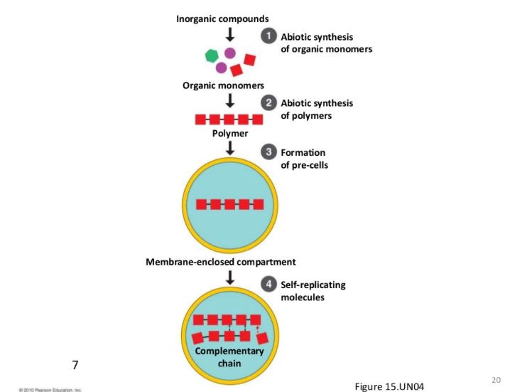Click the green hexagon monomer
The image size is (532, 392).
pyautogui.click(x=212, y=55)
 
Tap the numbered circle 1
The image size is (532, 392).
pyautogui.click(x=268, y=36)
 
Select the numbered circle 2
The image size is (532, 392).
pyautogui.click(x=268, y=102)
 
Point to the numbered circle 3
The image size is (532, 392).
pyautogui.click(x=268, y=152)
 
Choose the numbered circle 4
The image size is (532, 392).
pyautogui.click(x=268, y=284)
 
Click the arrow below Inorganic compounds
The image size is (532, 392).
pyautogui.click(x=230, y=34)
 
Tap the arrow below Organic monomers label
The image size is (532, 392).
pyautogui.click(x=230, y=100)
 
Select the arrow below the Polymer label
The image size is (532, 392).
pyautogui.click(x=230, y=148)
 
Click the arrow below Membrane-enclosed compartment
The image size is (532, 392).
pyautogui.click(x=230, y=277)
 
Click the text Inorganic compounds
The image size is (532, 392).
pyautogui.click(x=222, y=18)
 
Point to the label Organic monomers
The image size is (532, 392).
pyautogui.click(x=223, y=85)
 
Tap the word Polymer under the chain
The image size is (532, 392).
pyautogui.click(x=230, y=133)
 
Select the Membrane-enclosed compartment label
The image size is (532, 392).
pyautogui.click(x=220, y=262)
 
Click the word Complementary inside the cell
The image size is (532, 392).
pyautogui.click(x=229, y=351)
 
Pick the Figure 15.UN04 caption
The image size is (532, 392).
pyautogui.click(x=389, y=386)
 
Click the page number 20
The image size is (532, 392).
pyautogui.click(x=496, y=380)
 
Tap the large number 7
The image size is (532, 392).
pyautogui.click(x=75, y=365)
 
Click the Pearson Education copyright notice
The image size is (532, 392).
pyautogui.click(x=50, y=390)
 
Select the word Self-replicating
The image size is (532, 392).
pyautogui.click(x=313, y=285)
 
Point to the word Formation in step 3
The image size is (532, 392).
pyautogui.click(x=303, y=152)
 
